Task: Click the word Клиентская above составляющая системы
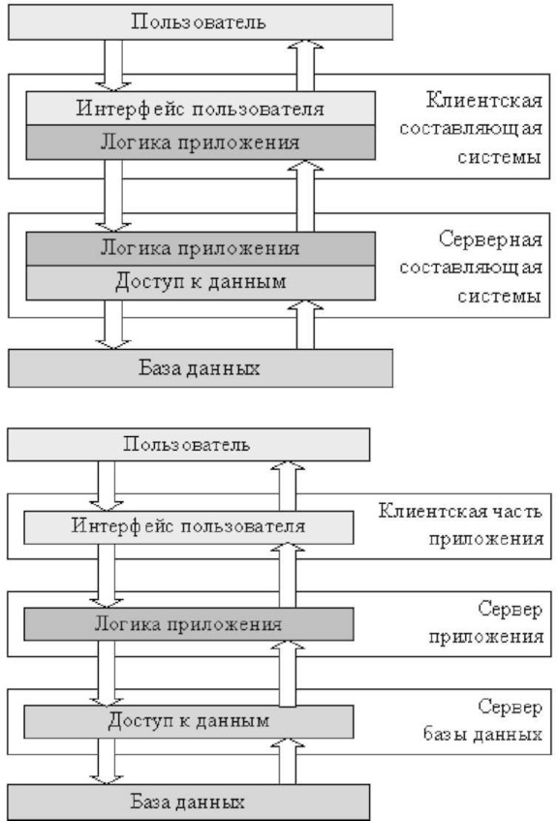484,100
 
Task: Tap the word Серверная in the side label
490,239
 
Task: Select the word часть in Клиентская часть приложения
517,511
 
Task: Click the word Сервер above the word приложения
511,609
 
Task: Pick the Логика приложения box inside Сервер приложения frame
188,624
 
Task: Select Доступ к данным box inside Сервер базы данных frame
188,721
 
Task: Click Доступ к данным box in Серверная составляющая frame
201,283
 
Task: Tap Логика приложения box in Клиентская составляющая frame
201,142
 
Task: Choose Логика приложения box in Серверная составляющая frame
201,249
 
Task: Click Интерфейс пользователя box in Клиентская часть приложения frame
188,527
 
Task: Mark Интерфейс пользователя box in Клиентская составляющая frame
201,109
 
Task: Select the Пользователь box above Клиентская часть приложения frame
188,445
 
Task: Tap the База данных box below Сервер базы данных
188,802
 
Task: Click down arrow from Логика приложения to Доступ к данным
107,673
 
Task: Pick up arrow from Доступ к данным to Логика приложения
288,673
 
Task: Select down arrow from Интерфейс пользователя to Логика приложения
107,576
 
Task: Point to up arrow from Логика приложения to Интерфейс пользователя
288,576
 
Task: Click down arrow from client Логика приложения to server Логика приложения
113,196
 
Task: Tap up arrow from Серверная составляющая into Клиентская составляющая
306,196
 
